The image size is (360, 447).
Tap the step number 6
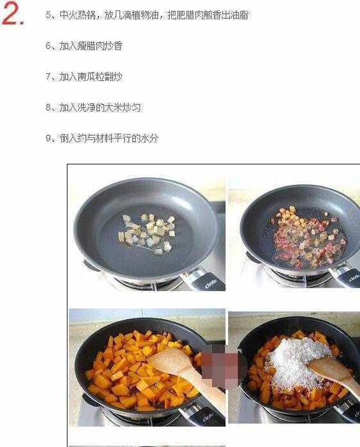(48, 46)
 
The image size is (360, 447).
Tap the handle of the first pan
(203, 280)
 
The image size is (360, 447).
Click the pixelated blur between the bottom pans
(221, 365)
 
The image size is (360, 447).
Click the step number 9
(48, 138)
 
